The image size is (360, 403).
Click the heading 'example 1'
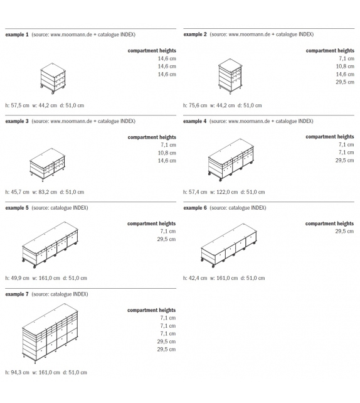click(17, 35)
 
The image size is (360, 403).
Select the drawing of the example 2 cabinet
click(230, 77)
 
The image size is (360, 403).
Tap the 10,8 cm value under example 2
click(345, 67)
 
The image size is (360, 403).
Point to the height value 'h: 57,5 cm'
click(17, 105)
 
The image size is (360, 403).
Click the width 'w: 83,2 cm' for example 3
click(45, 192)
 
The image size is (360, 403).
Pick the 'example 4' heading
click(194, 121)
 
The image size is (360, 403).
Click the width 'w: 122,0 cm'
click(224, 192)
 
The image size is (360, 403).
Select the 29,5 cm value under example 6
click(344, 231)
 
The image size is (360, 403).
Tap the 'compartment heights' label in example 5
click(152, 223)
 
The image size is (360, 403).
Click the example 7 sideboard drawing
click(50, 333)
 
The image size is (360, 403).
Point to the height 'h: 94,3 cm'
click(17, 372)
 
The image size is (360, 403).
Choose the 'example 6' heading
click(195, 208)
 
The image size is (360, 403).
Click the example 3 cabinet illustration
click(47, 164)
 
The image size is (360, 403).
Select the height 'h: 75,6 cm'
click(195, 105)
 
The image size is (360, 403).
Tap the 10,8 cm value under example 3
click(167, 153)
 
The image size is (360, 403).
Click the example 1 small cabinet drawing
click(53, 78)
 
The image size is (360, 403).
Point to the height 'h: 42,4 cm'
click(195, 278)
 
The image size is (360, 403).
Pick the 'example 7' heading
click(17, 294)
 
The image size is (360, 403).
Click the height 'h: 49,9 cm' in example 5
click(17, 278)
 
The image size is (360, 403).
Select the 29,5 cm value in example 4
click(344, 160)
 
